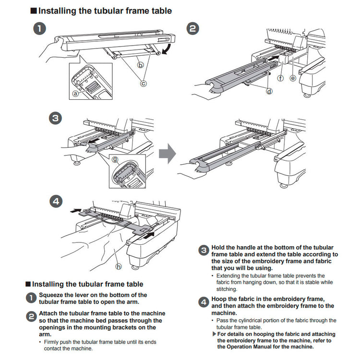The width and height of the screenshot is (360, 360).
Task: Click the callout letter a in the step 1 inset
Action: click(x=75, y=94)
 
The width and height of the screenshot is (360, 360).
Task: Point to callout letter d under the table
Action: click(x=269, y=91)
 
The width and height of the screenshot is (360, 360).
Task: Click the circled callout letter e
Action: click(x=293, y=77)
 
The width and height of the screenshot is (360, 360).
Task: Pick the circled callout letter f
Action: click(x=280, y=77)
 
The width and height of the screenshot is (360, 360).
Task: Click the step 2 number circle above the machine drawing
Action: click(x=192, y=29)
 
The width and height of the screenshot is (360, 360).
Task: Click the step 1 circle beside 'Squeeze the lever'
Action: click(x=31, y=298)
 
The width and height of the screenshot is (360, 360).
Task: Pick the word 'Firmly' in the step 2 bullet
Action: click(x=53, y=342)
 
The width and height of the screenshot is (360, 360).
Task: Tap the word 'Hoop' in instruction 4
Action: click(x=220, y=298)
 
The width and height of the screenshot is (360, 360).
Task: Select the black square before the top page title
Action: click(x=33, y=11)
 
